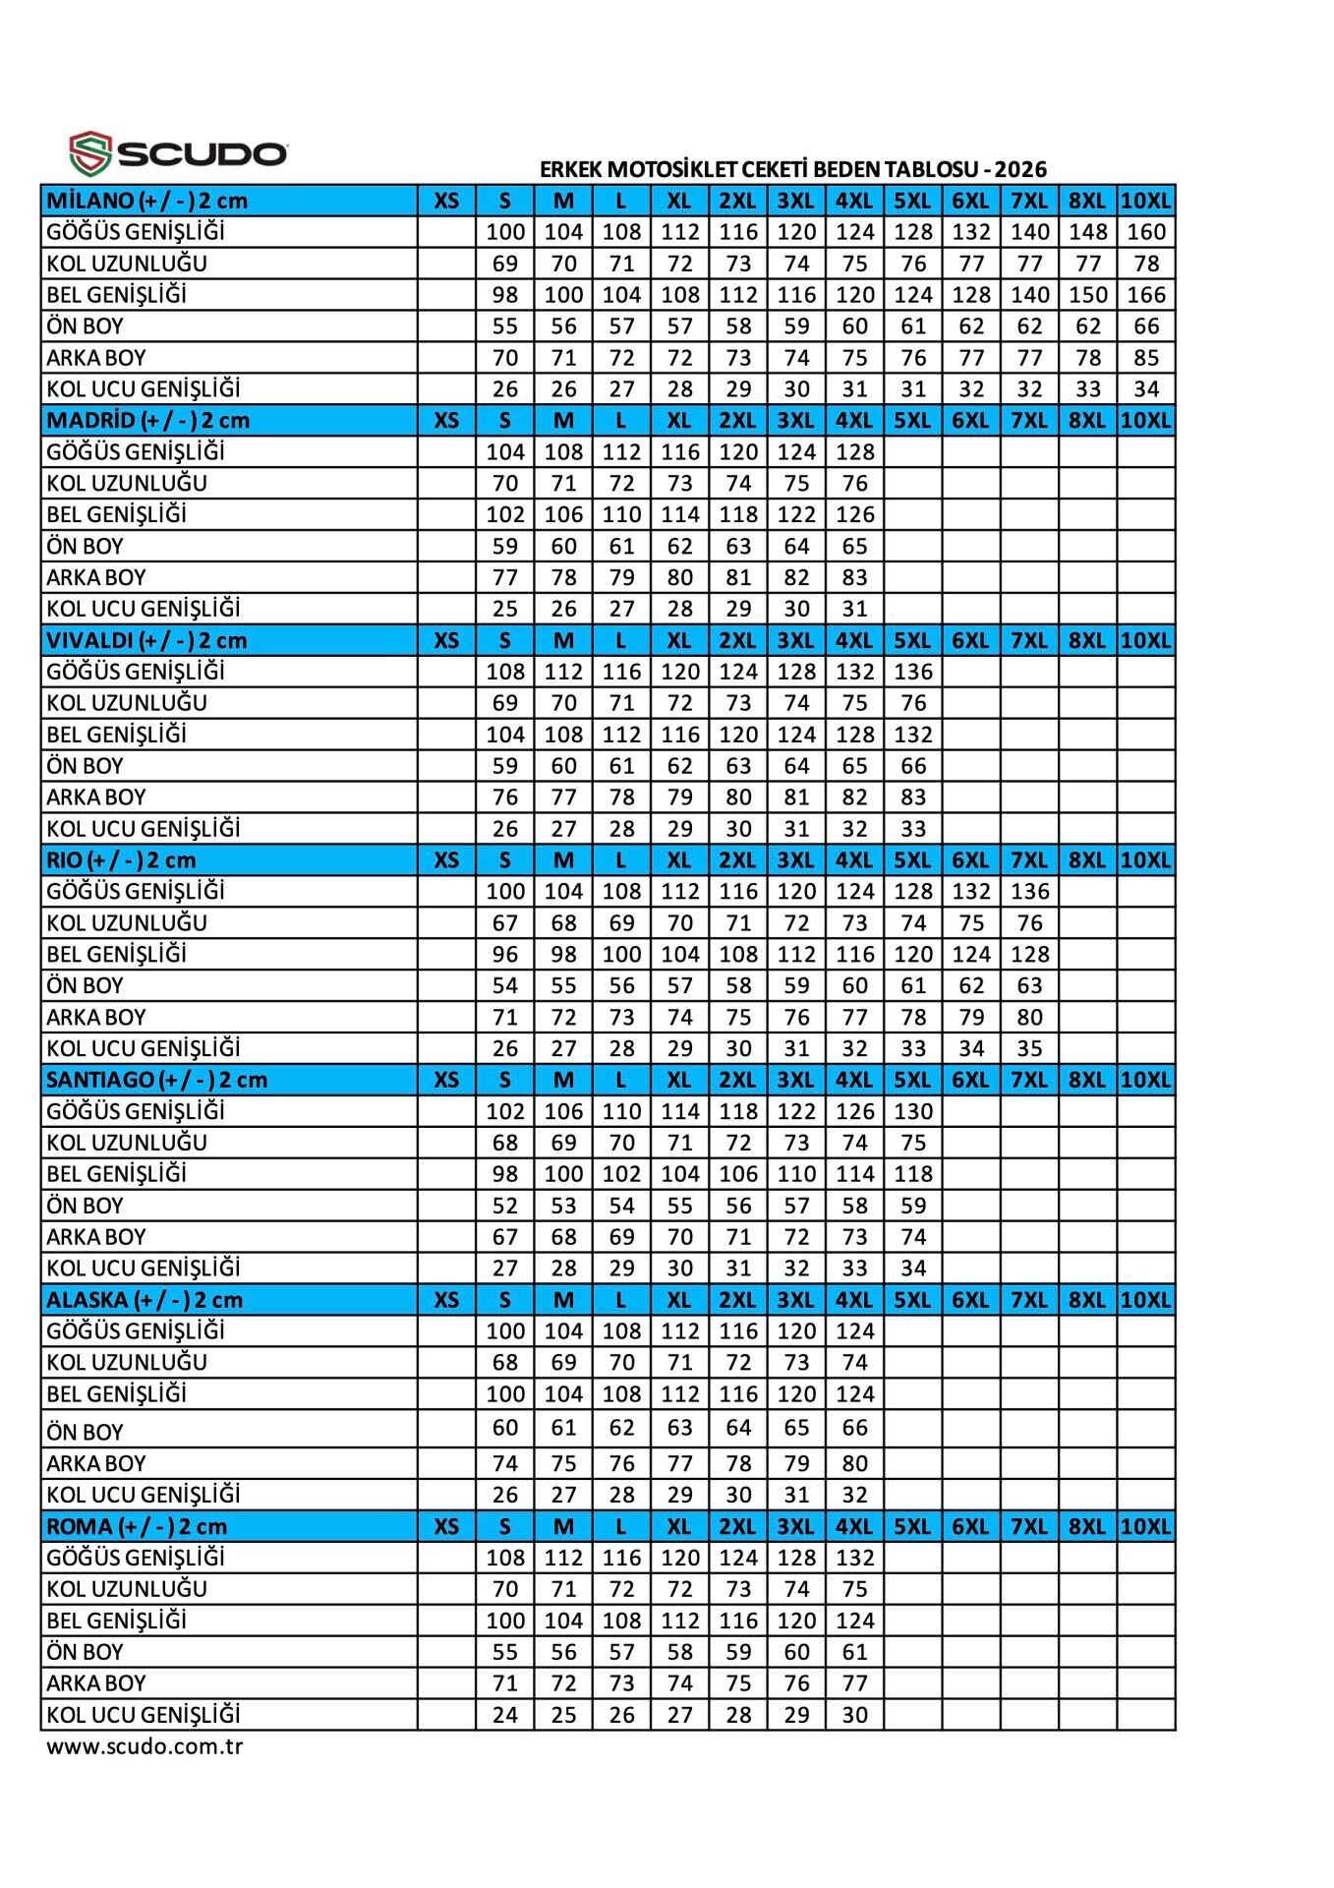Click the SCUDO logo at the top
point(178,152)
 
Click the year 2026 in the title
point(1020,169)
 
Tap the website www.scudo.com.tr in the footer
point(145,1746)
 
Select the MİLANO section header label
point(146,201)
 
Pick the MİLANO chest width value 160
point(1146,232)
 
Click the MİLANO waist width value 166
point(1146,295)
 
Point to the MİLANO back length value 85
point(1146,358)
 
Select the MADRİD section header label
point(147,421)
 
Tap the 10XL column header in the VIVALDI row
point(1146,640)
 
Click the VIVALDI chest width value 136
point(913,672)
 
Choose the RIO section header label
point(121,860)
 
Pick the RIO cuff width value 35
point(1029,1048)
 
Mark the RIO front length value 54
point(505,985)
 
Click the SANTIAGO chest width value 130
point(913,1111)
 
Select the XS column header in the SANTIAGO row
point(446,1080)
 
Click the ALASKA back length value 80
point(855,1463)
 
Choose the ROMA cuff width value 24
point(505,1715)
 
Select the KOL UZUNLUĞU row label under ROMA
point(127,1589)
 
